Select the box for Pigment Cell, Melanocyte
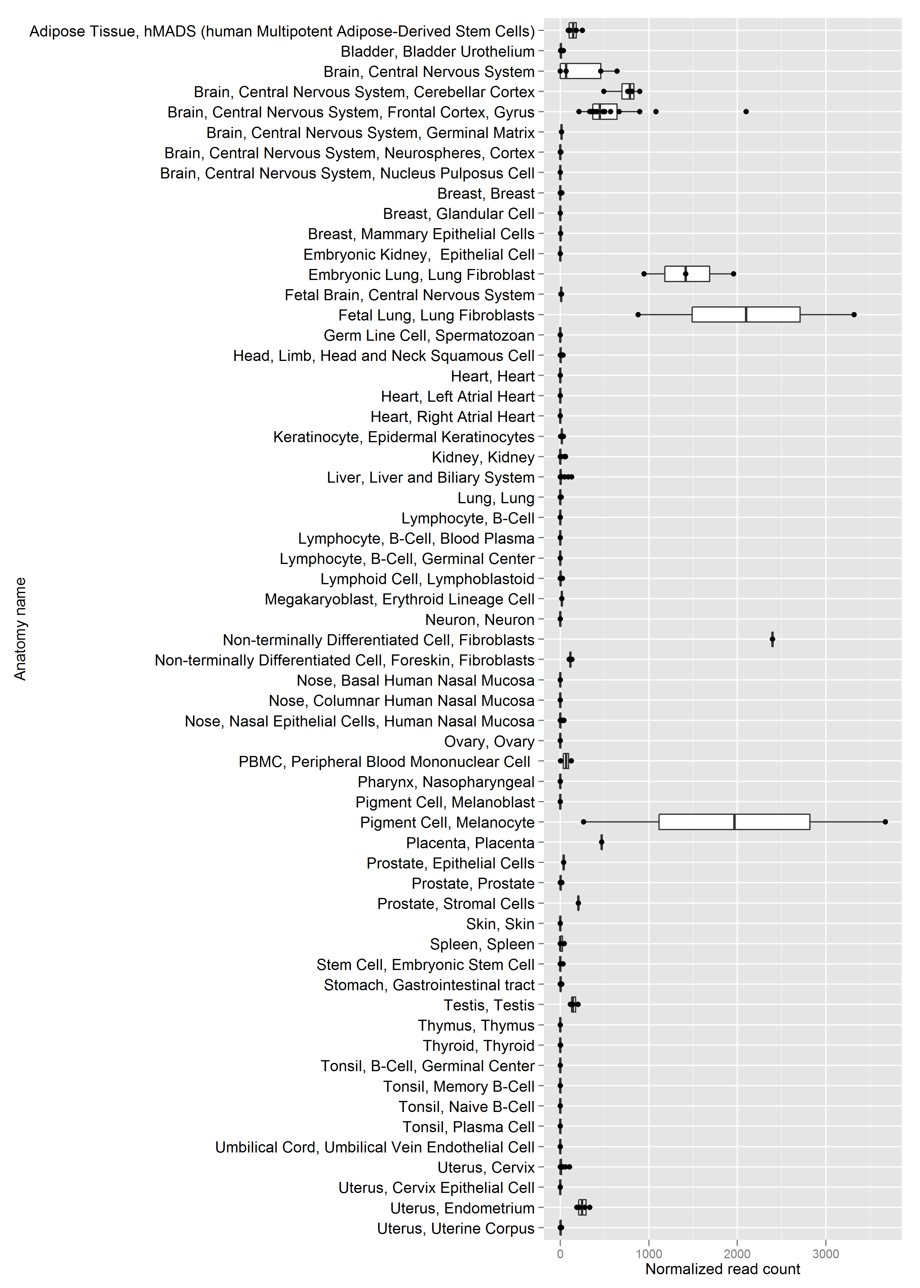click(x=734, y=822)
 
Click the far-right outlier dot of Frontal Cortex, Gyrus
click(x=746, y=112)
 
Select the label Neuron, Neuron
click(x=480, y=620)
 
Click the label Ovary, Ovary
click(x=489, y=742)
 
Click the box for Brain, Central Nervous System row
click(x=581, y=71)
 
